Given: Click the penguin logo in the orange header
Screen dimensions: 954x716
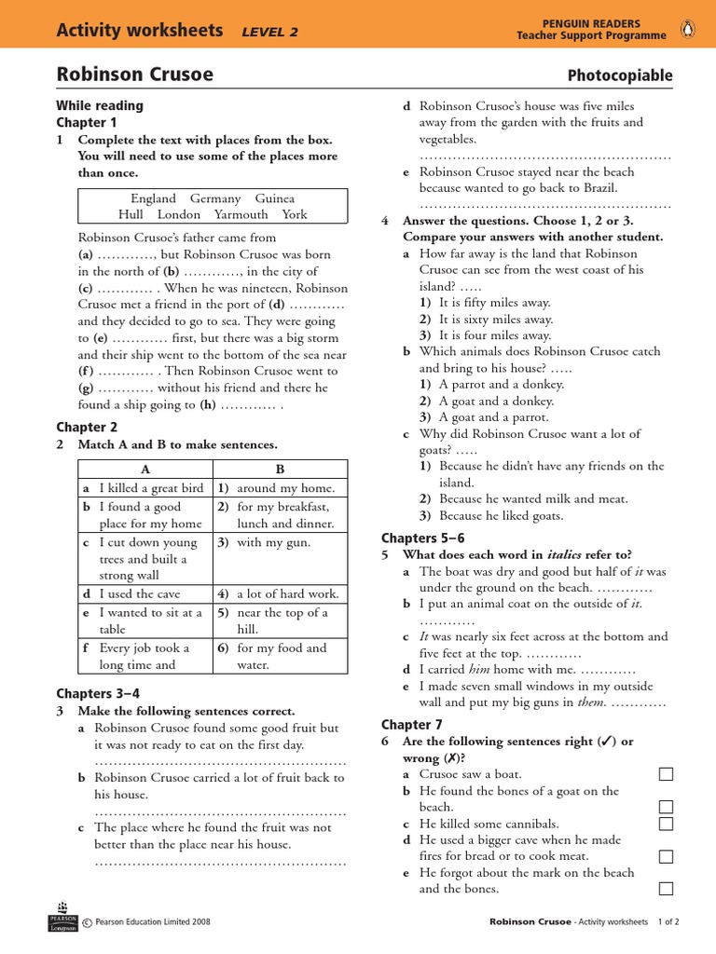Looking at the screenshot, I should [690, 29].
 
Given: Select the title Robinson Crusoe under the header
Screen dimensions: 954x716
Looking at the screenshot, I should [134, 74].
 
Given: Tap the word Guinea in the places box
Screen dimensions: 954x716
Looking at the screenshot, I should [275, 198].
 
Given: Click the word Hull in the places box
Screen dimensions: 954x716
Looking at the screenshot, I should [131, 214].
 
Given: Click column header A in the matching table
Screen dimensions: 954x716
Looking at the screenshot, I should [145, 469].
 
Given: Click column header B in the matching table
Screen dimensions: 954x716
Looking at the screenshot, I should [280, 469].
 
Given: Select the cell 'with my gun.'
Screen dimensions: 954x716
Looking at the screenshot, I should [273, 542].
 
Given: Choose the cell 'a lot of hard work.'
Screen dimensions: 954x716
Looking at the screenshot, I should [287, 593].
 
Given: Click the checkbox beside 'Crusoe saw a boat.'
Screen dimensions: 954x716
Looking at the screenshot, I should [666, 774].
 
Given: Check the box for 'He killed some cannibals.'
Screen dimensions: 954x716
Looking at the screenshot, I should [666, 824].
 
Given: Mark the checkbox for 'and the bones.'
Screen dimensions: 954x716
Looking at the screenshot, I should [666, 889].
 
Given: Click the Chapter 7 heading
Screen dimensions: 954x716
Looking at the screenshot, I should [412, 725].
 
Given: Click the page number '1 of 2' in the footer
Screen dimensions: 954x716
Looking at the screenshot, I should [668, 921].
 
